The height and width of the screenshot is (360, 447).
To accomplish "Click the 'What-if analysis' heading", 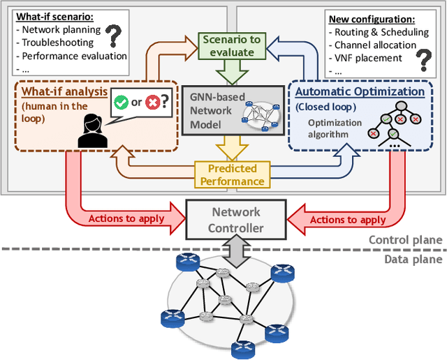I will [64, 91].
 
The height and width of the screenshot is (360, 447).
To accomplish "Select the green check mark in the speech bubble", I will [121, 103].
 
